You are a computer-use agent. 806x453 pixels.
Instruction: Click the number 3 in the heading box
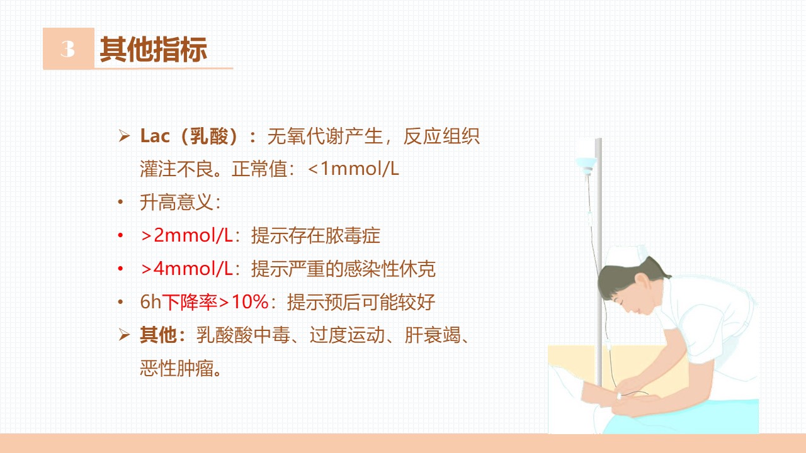point(67,49)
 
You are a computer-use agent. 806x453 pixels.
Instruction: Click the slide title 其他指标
point(153,49)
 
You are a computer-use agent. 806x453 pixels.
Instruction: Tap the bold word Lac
point(155,137)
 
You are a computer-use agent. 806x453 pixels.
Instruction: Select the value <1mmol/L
point(354,169)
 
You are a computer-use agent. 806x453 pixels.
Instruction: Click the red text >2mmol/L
point(187,235)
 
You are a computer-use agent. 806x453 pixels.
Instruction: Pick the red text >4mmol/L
point(187,269)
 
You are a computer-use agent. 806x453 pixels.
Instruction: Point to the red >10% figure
point(243,301)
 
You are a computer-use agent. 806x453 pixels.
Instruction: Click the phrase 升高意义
point(176,202)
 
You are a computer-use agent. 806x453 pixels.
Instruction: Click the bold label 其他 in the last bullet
point(158,335)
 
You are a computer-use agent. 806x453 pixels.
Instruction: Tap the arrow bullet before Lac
point(124,136)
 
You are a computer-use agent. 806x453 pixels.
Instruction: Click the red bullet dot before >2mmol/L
point(120,235)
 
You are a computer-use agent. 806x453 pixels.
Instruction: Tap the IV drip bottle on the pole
point(586,157)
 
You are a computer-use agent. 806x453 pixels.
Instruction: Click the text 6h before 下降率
point(150,301)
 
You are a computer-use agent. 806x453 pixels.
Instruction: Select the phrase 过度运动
point(347,335)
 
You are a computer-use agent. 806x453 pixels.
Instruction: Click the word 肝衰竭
point(433,335)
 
